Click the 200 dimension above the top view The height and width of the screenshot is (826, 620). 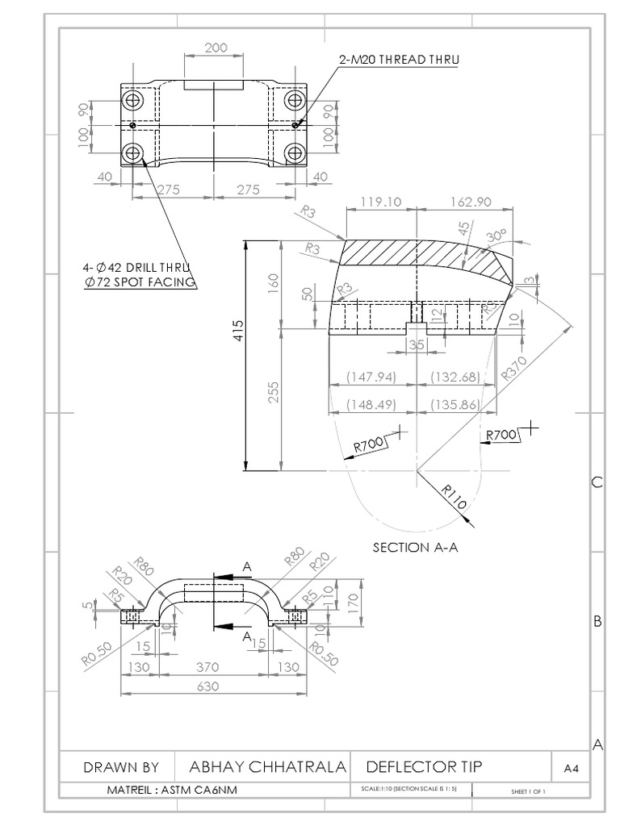(x=216, y=48)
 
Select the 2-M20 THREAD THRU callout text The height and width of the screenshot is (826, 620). (x=399, y=59)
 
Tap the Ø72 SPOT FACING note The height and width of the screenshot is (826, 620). (x=140, y=282)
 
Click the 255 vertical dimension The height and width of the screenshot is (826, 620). (x=274, y=392)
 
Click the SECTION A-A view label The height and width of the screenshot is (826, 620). (x=415, y=548)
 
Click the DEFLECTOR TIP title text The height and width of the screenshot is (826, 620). (x=425, y=767)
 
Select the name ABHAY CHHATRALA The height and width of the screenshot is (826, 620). (x=267, y=767)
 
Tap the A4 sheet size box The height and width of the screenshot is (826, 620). (x=571, y=769)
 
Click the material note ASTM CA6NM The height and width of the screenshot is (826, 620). (x=172, y=790)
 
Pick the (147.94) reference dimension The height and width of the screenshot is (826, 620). (x=371, y=377)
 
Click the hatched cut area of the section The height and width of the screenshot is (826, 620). (x=420, y=262)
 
